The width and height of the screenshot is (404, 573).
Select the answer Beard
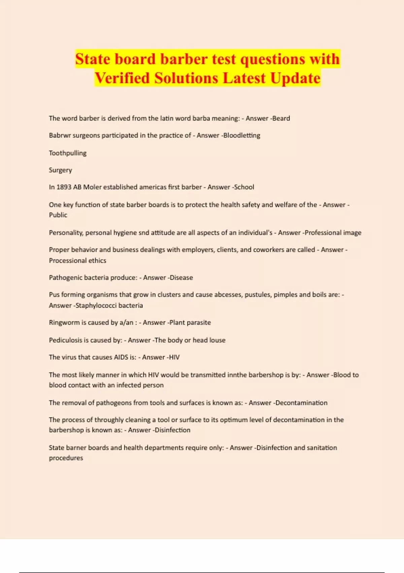[282, 118]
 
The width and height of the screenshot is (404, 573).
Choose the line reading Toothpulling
[68, 153]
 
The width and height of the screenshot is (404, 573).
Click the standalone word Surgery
[61, 170]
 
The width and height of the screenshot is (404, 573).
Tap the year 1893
[64, 187]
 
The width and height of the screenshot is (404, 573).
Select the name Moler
[92, 187]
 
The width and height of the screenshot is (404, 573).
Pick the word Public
[58, 215]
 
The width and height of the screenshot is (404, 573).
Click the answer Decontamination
[302, 403]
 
